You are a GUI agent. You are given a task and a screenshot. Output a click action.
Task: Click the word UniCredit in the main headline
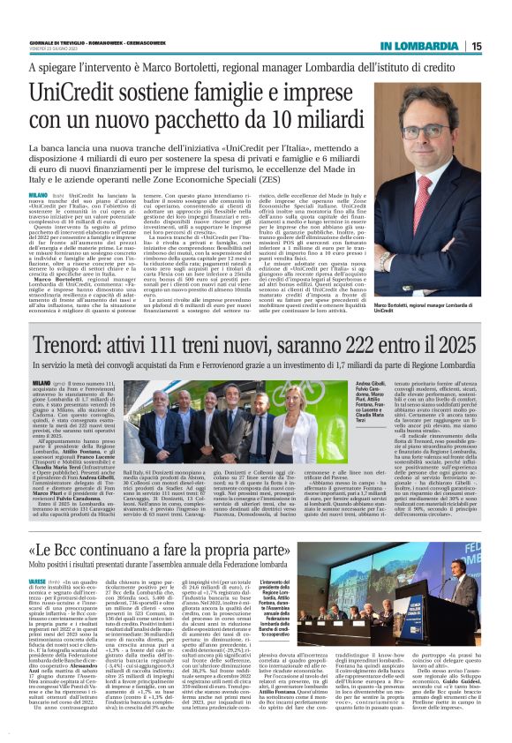click(x=76, y=93)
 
